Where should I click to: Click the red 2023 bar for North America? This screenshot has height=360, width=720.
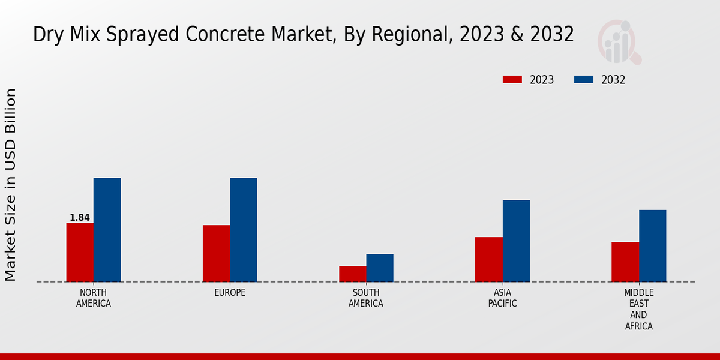click(80, 252)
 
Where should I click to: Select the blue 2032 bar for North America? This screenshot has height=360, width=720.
click(107, 230)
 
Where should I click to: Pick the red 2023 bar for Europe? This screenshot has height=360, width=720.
click(216, 253)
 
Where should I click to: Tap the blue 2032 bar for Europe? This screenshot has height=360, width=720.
click(243, 230)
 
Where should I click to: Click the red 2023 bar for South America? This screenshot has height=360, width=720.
click(352, 274)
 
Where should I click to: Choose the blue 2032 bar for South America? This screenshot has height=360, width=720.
click(380, 268)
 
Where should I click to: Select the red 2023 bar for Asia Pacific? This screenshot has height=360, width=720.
click(488, 259)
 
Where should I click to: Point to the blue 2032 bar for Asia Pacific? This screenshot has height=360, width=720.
click(516, 241)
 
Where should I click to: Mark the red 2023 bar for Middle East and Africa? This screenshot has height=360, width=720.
click(625, 262)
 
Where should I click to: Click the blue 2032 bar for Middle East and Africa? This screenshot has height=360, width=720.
click(652, 245)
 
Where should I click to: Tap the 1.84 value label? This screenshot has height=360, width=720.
click(80, 218)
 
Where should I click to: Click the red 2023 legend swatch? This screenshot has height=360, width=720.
click(512, 80)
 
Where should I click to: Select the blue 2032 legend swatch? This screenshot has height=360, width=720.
click(584, 80)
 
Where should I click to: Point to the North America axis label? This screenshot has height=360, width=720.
click(94, 298)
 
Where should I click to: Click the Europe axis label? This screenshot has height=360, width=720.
click(230, 293)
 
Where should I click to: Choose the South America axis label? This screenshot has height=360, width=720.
click(366, 298)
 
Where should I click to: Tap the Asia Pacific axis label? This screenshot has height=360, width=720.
click(502, 298)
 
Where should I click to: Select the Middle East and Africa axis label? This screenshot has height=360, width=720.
click(638, 310)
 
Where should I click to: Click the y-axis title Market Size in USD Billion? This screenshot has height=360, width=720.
click(11, 185)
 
